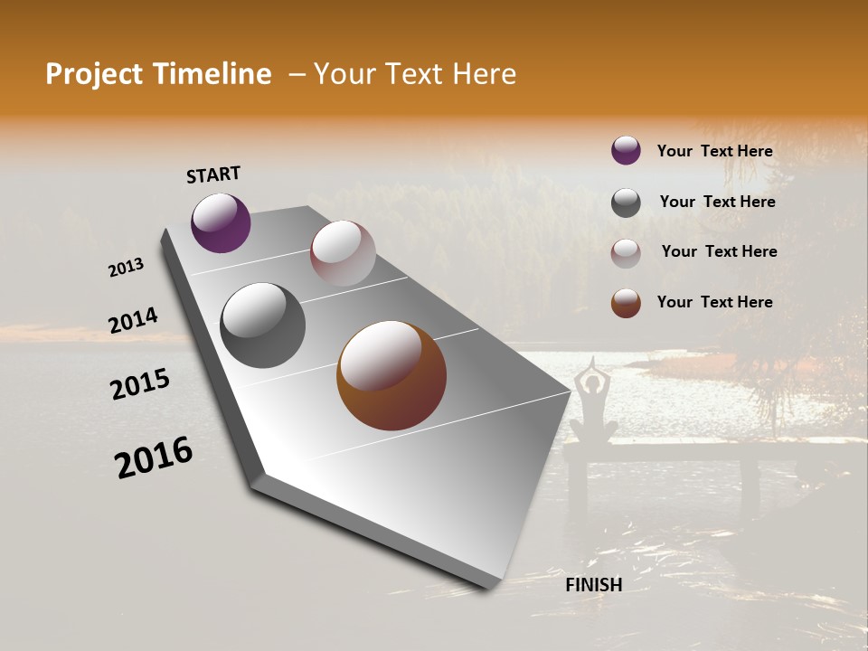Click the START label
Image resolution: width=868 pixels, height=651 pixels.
point(213,175)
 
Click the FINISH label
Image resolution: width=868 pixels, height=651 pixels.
point(593,585)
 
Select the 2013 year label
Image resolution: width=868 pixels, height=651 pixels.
point(127,268)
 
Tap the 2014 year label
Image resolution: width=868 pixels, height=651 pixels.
point(133,321)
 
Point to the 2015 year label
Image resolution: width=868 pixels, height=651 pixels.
point(140,384)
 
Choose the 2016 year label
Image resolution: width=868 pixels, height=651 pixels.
point(154,457)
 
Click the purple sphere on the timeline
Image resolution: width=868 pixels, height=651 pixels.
point(221,222)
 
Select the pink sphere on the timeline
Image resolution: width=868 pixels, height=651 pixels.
point(343,253)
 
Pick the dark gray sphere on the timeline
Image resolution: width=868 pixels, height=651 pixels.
point(262,325)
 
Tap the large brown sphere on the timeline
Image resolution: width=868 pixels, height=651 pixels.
point(392,375)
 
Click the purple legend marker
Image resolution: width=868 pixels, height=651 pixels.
point(626,150)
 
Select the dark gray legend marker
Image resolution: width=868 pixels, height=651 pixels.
point(626,203)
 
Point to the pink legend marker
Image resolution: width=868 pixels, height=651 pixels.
point(626,253)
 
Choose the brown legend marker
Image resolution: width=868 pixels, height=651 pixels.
point(626,303)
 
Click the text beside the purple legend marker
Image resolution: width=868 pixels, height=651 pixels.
point(714,151)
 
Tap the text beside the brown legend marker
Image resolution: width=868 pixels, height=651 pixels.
point(714,302)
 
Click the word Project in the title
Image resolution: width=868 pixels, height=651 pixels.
point(93,74)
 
